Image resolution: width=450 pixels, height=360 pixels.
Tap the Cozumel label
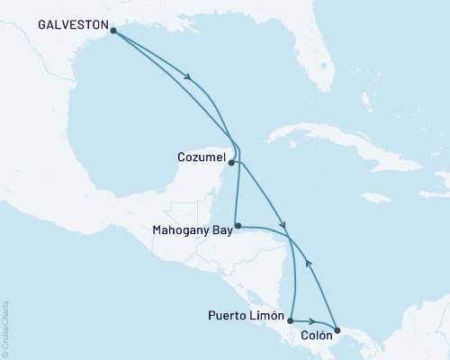200,157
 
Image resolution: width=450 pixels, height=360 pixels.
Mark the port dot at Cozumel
232,163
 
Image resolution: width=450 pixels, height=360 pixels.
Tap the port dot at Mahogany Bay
237,225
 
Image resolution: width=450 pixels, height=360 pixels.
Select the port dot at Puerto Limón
290,318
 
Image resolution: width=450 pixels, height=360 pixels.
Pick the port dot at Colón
337,330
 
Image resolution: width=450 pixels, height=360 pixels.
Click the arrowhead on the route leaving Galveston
188,79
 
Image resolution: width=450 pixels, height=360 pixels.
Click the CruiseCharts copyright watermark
6,328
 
